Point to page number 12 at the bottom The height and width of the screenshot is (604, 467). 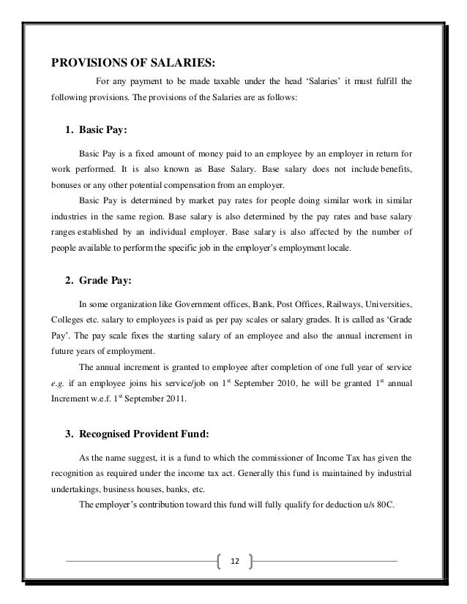[234, 561]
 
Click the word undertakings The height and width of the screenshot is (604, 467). [77, 489]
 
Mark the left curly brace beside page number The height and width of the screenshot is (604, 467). [221, 561]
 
